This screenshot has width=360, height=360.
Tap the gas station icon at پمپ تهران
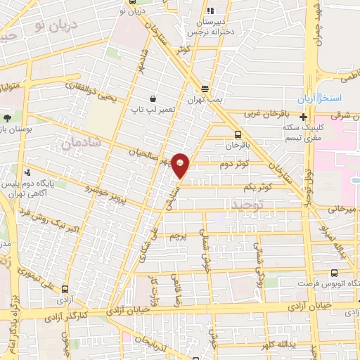(205, 89)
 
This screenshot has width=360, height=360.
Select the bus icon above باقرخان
(237, 134)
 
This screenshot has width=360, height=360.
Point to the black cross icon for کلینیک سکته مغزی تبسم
(303, 117)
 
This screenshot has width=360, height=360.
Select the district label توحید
(244, 203)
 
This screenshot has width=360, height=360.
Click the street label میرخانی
(343, 209)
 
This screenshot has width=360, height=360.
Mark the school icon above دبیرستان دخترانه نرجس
(209, 12)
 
